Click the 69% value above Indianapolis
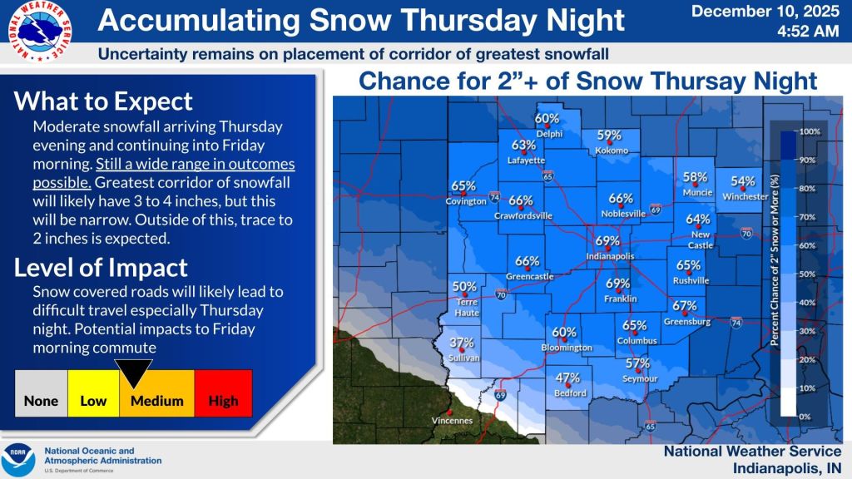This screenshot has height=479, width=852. [607, 241]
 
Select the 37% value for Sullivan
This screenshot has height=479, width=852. [462, 343]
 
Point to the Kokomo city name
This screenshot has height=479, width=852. [611, 151]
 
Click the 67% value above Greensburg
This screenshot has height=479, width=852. [684, 305]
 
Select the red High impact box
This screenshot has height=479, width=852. [223, 401]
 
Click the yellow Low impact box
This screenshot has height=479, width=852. [93, 401]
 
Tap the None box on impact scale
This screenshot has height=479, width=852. [41, 401]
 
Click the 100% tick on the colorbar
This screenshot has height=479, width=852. [810, 131]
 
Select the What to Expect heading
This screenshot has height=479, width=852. [104, 101]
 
